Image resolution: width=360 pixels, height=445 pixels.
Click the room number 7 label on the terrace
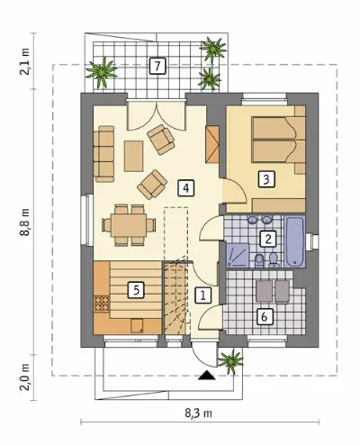[157, 66]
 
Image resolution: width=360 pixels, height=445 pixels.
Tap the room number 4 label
[186, 188]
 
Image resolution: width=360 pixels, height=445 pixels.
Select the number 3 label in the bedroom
[266, 179]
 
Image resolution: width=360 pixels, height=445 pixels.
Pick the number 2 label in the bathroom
[268, 239]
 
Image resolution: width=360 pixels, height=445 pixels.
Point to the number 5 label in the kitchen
[137, 290]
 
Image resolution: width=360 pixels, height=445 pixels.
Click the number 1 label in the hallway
[203, 295]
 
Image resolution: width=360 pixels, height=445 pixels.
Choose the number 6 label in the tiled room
[265, 316]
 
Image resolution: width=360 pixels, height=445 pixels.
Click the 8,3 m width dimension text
[198, 413]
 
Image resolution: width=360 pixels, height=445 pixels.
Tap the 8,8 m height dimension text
[26, 222]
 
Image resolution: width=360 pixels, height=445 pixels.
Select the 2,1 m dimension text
[26, 61]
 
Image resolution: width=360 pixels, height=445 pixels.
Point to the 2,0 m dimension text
[26, 377]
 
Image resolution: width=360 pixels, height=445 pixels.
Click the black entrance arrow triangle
[207, 375]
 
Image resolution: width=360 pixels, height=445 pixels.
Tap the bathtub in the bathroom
[295, 241]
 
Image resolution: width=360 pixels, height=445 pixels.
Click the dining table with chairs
[129, 224]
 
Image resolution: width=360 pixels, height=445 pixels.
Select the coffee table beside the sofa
[133, 156]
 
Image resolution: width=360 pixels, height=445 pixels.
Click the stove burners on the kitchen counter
[102, 304]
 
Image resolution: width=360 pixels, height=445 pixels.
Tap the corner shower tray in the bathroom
[238, 255]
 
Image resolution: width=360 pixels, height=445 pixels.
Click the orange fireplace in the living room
[212, 145]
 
